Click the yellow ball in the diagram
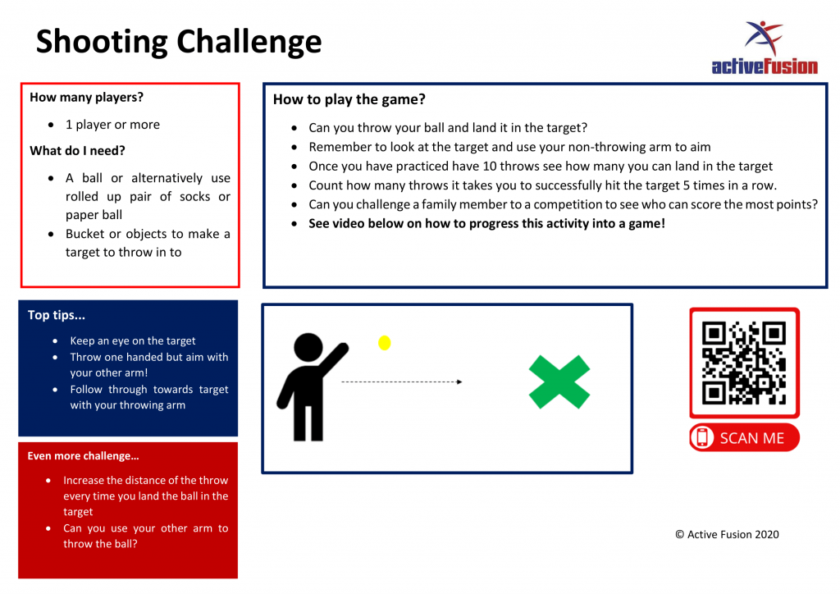tap(384, 343)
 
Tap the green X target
tap(559, 382)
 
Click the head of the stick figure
tap(308, 348)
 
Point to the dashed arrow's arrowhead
tap(459, 382)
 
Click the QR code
tap(744, 363)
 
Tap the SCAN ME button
tap(744, 437)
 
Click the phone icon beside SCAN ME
tap(702, 437)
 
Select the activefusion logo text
tap(765, 66)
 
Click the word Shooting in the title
tap(102, 43)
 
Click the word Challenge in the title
tap(249, 43)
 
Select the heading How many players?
tap(86, 98)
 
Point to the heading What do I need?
tap(77, 151)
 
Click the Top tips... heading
tap(57, 316)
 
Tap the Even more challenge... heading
tap(83, 456)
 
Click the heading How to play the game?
tap(349, 99)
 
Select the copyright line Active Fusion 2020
tap(727, 535)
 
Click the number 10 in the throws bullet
tap(490, 166)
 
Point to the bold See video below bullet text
tap(486, 223)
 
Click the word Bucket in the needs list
tap(85, 234)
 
